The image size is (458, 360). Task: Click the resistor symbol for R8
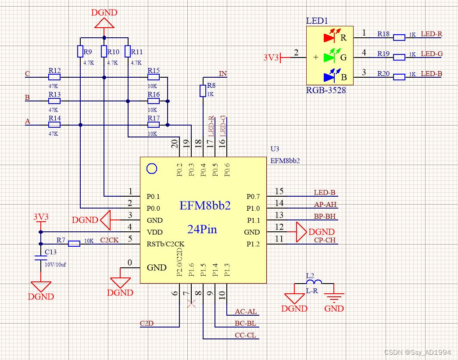pyautogui.click(x=203, y=91)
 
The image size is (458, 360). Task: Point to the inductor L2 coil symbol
pyautogui.click(x=314, y=282)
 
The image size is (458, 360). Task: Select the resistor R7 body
pyautogui.click(x=74, y=244)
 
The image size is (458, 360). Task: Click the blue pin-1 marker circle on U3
pyautogui.click(x=151, y=168)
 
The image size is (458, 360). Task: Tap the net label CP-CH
pyautogui.click(x=325, y=240)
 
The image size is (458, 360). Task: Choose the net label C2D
pyautogui.click(x=147, y=324)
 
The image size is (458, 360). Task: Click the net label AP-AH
pyautogui.click(x=325, y=205)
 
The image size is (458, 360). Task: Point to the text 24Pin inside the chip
pyautogui.click(x=202, y=229)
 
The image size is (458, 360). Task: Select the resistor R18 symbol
pyautogui.click(x=399, y=37)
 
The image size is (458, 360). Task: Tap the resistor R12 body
pyautogui.click(x=54, y=77)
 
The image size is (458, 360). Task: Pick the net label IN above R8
pyautogui.click(x=222, y=74)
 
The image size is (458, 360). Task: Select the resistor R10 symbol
pyautogui.click(x=104, y=51)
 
